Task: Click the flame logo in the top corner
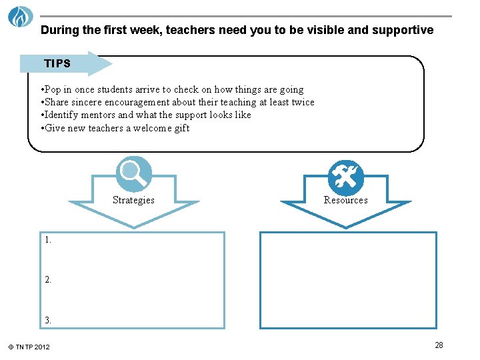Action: click(20, 16)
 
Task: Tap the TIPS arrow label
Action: click(58, 64)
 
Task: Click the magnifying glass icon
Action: click(133, 174)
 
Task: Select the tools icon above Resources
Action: click(346, 177)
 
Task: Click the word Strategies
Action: click(133, 200)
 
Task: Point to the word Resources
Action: click(345, 200)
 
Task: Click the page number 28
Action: click(439, 345)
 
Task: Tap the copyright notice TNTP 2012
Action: click(29, 347)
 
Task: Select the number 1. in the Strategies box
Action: click(48, 240)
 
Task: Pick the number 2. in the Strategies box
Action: click(48, 280)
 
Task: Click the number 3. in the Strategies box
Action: click(48, 320)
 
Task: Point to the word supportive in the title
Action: click(406, 30)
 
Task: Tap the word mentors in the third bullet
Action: click(99, 115)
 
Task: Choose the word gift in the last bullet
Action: click(182, 128)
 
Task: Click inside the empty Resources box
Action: click(347, 280)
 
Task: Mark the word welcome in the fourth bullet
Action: click(150, 128)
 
